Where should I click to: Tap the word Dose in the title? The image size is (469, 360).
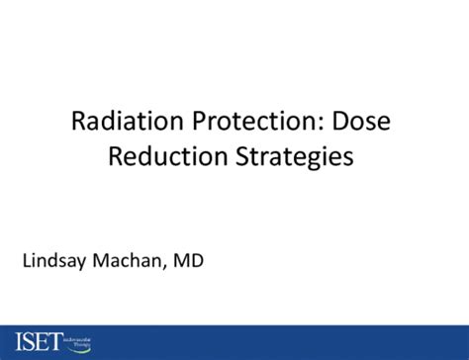coord(368,122)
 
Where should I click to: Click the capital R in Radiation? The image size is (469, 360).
coord(78,122)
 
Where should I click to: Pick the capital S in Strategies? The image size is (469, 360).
coord(253,157)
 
